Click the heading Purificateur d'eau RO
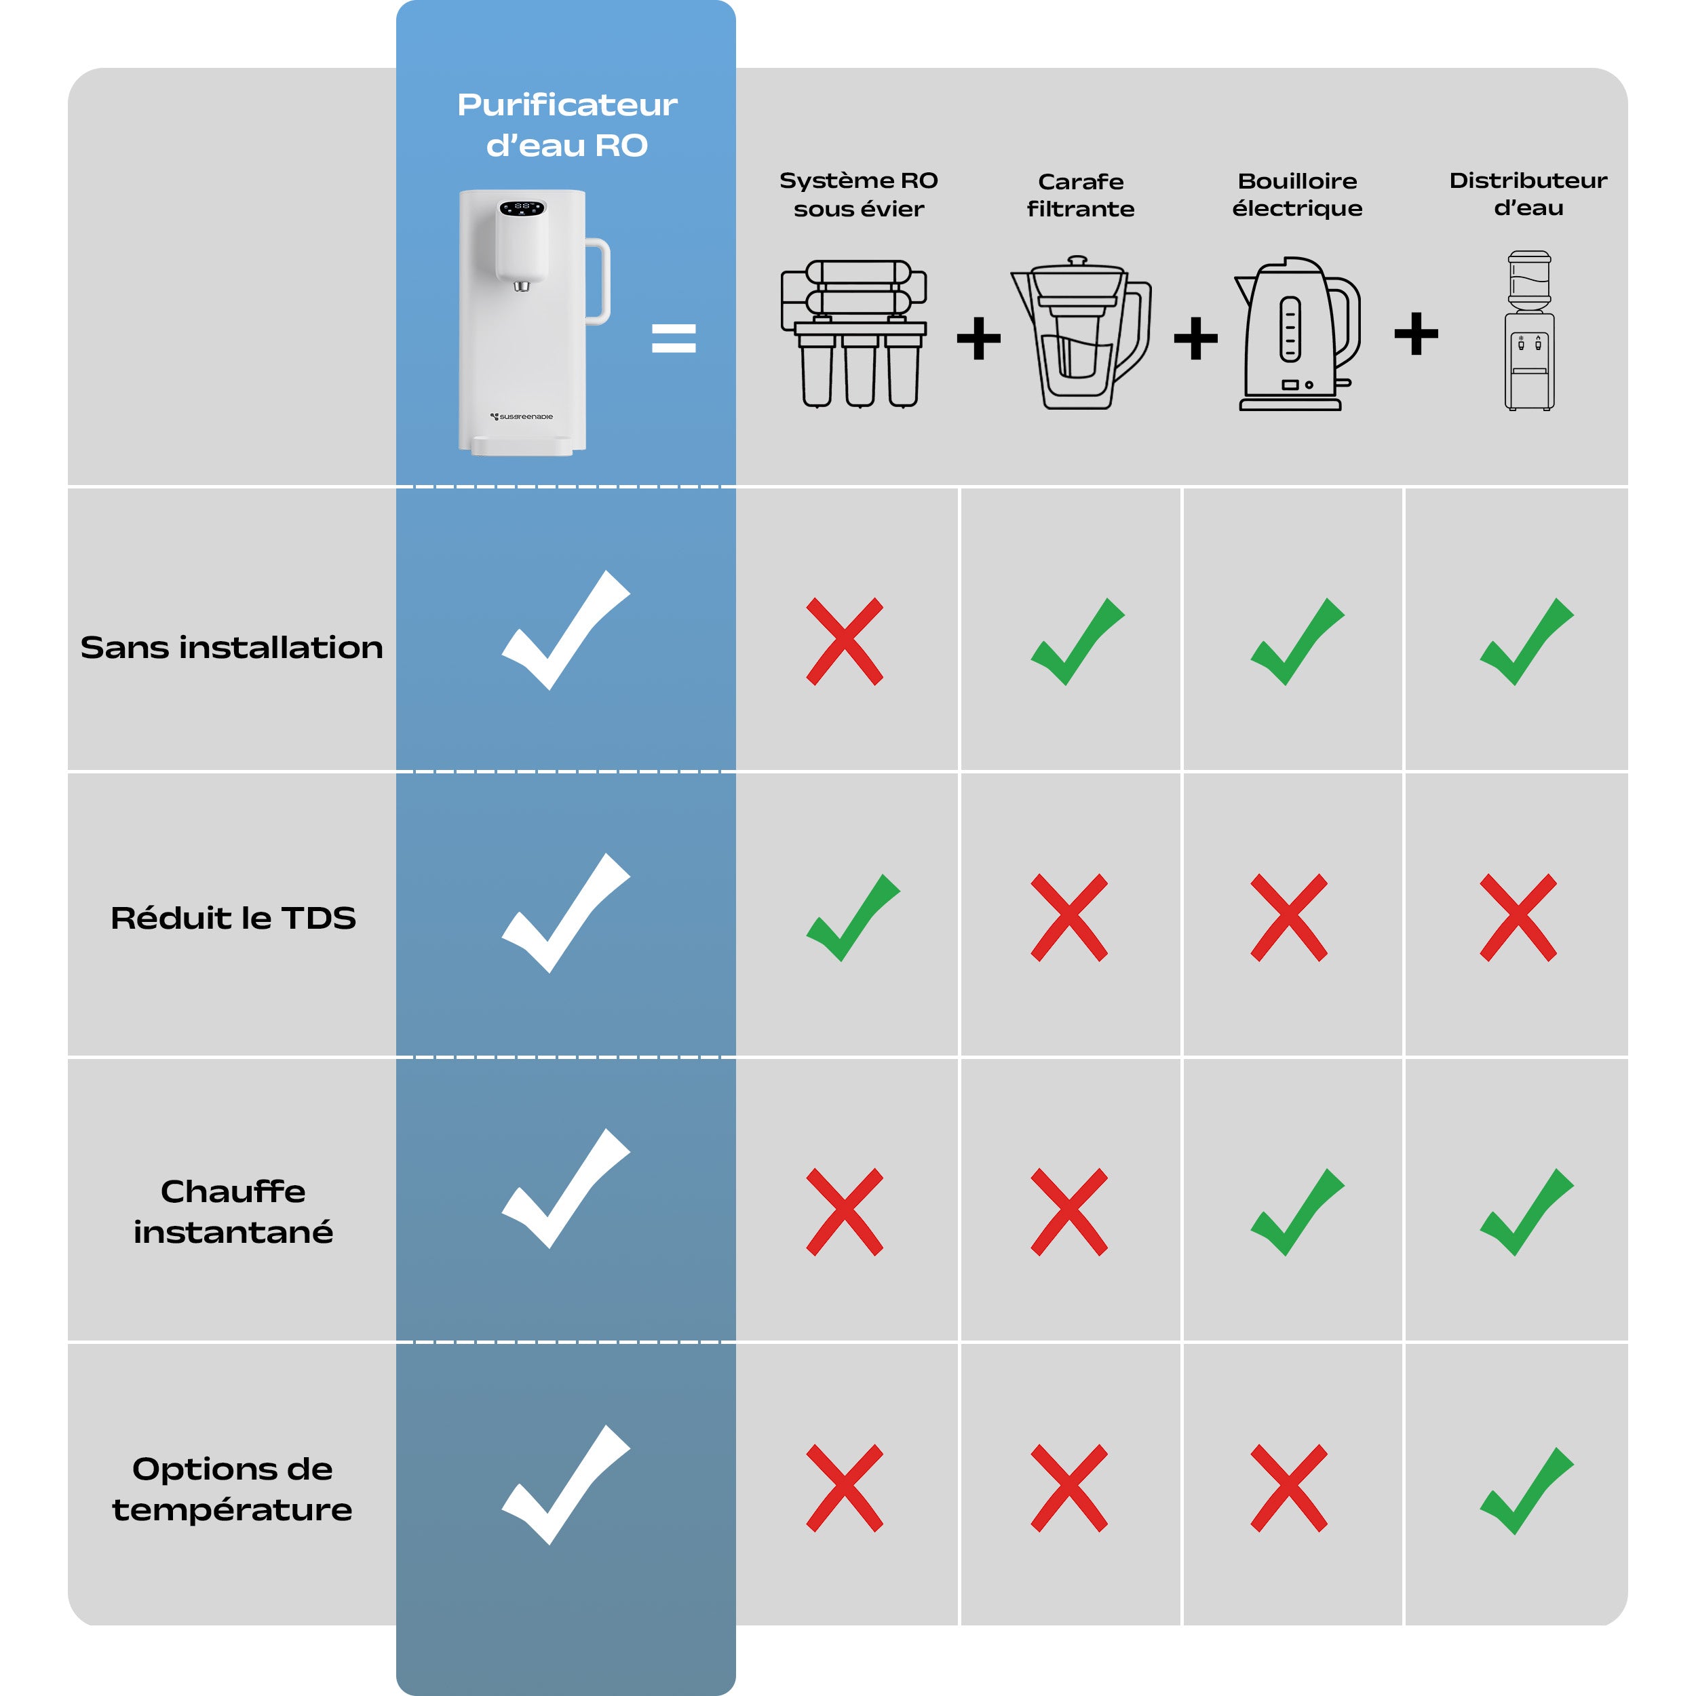pyautogui.click(x=567, y=125)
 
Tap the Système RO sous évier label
pyautogui.click(x=859, y=194)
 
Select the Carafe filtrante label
pyautogui.click(x=1081, y=195)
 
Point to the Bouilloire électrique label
pyautogui.click(x=1298, y=194)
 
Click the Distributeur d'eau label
pyautogui.click(x=1528, y=193)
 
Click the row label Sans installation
pyautogui.click(x=232, y=647)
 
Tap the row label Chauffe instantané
pyautogui.click(x=233, y=1212)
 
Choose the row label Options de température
pyautogui.click(x=233, y=1489)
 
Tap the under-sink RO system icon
pyautogui.click(x=854, y=334)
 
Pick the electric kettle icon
pyautogui.click(x=1298, y=334)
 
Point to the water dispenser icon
pyautogui.click(x=1529, y=331)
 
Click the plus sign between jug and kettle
pyautogui.click(x=1195, y=338)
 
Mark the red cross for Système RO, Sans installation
pyautogui.click(x=845, y=642)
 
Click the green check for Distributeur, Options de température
pyautogui.click(x=1526, y=1490)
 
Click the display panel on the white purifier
pyautogui.click(x=522, y=208)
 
